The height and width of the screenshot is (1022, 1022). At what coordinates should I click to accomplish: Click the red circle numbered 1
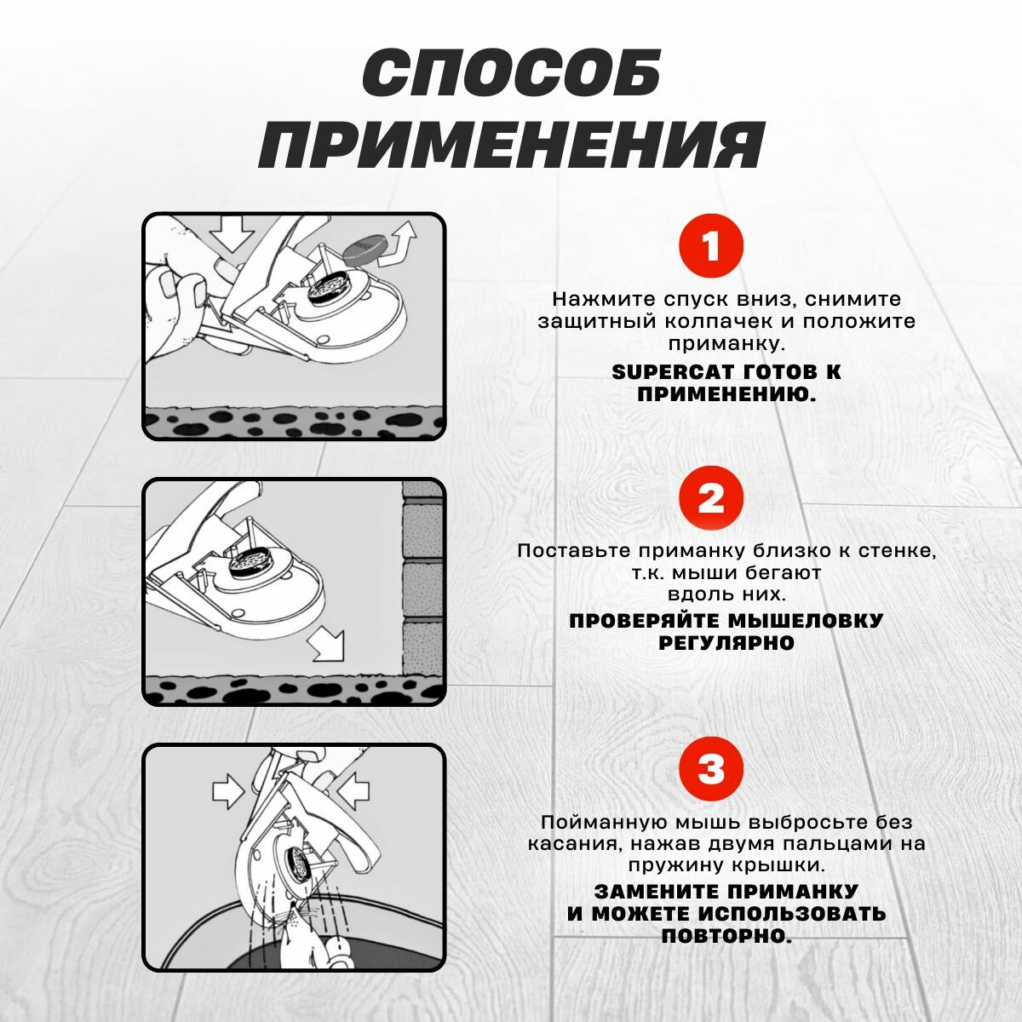coord(710,247)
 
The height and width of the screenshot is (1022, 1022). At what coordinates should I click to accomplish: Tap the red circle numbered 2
coord(710,498)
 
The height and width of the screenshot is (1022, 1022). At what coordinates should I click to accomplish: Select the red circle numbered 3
coord(710,769)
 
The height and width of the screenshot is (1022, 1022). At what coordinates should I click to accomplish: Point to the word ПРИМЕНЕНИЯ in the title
coord(511,145)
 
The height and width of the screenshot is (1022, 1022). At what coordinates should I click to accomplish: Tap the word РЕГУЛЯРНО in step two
coord(726,643)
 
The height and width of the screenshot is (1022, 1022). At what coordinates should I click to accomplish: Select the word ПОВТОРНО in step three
coord(726,936)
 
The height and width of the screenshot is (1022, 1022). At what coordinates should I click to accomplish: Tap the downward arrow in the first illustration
coord(233,233)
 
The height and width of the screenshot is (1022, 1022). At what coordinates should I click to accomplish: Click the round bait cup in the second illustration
coord(252,563)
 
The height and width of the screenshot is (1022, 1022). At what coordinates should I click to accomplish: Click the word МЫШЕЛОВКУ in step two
coord(795,621)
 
